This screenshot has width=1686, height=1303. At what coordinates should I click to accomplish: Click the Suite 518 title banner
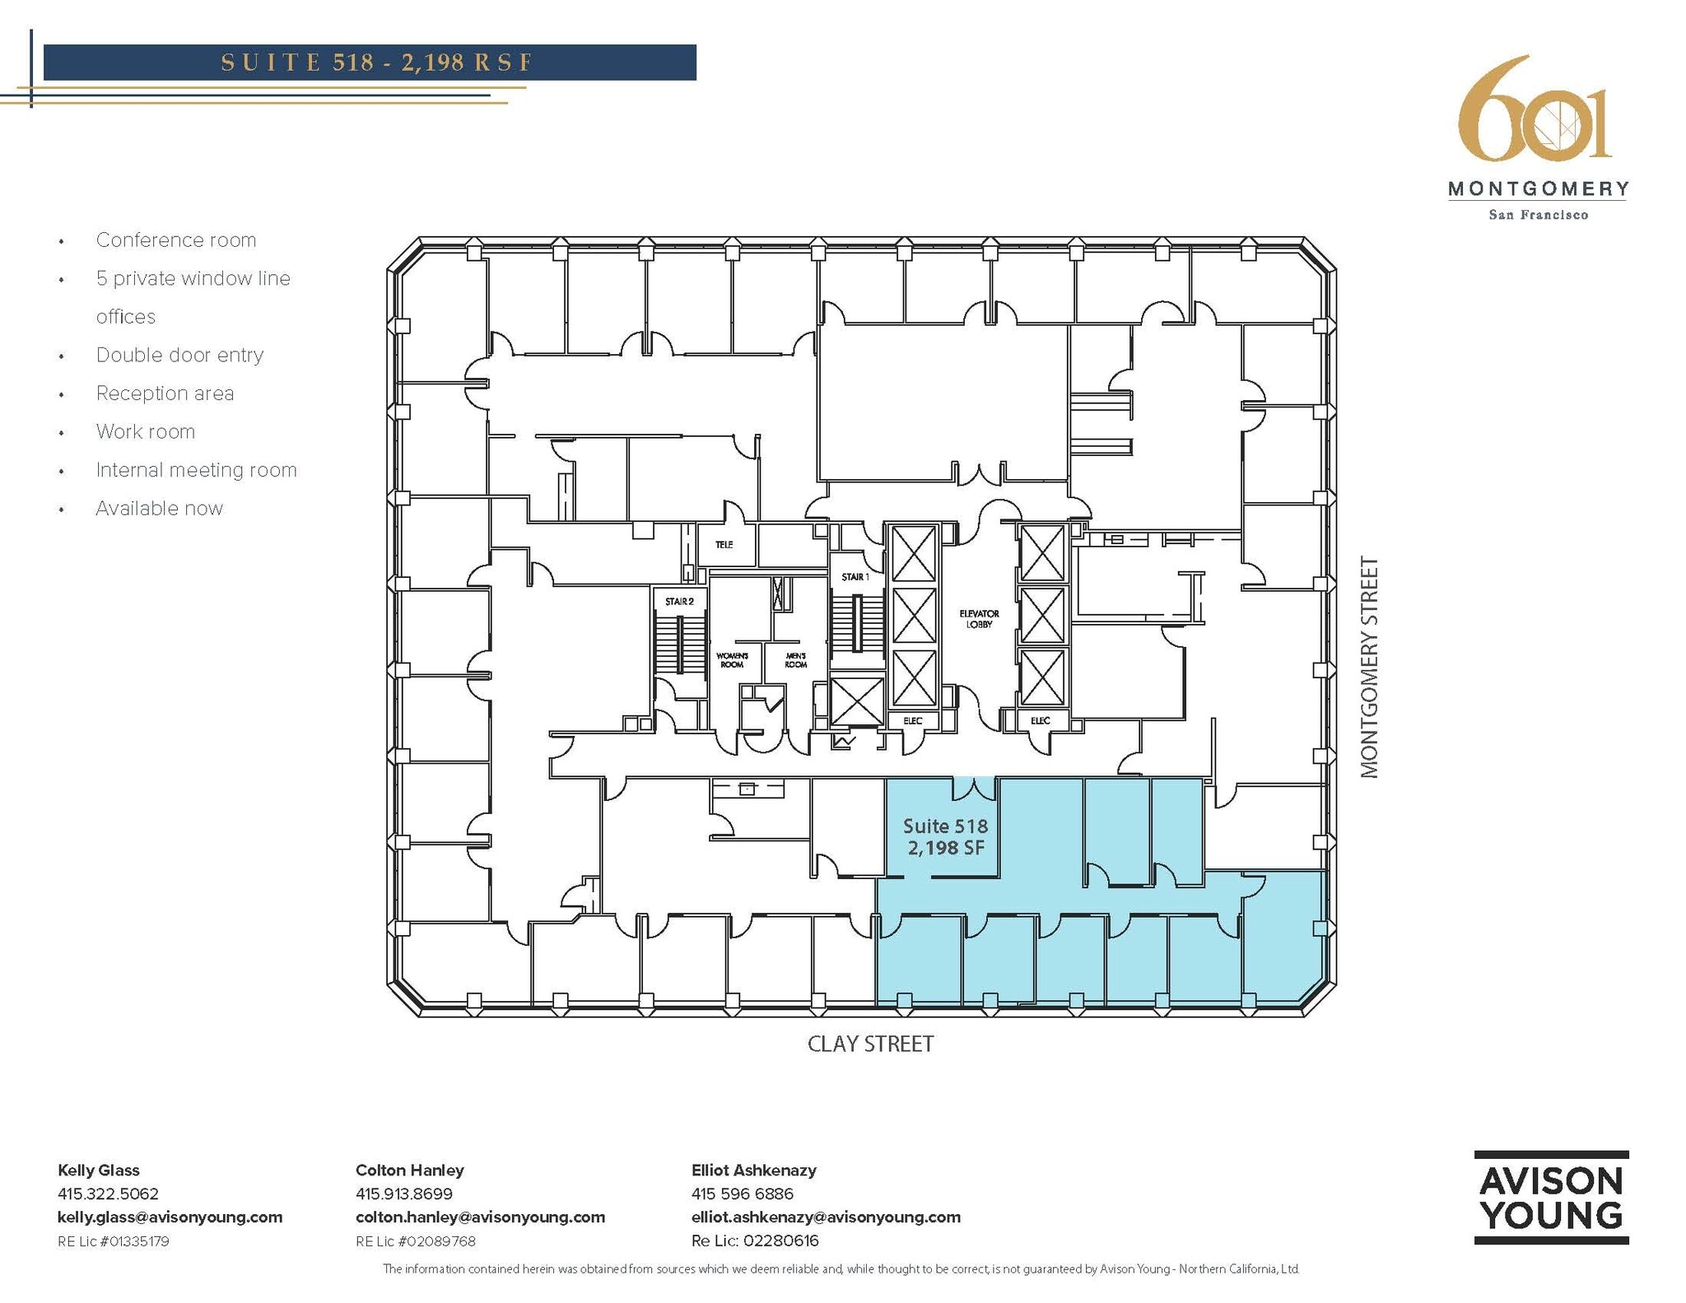(x=370, y=63)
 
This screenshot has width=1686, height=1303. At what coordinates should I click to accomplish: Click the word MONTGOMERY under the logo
(x=1538, y=189)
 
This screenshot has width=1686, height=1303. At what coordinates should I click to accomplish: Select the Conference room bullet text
(x=176, y=240)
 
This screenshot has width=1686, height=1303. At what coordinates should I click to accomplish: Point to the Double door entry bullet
(x=179, y=355)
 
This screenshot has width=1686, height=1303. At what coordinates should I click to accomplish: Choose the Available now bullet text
(x=159, y=509)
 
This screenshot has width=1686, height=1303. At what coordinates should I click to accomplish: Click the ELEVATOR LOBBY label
(x=979, y=619)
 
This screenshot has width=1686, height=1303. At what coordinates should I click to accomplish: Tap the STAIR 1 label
(x=855, y=577)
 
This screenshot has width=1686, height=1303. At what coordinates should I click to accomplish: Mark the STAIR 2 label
(x=679, y=602)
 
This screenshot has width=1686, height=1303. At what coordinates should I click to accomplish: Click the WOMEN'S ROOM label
(x=732, y=660)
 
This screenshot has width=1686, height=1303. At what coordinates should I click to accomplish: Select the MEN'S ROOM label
(x=795, y=660)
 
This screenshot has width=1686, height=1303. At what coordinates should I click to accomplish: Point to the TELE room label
(x=724, y=545)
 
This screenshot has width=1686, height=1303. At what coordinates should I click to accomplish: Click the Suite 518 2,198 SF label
(x=945, y=836)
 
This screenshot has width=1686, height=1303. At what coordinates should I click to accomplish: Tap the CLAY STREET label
(x=870, y=1044)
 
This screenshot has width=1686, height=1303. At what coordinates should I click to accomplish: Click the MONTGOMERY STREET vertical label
(x=1368, y=667)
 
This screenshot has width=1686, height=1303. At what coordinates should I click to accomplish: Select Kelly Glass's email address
(x=170, y=1217)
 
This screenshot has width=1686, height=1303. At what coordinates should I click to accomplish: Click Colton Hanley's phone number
(x=403, y=1194)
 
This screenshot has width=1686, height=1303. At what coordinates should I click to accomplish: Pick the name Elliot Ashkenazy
(x=753, y=1170)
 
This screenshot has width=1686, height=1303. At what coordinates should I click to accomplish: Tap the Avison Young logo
(x=1551, y=1197)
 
